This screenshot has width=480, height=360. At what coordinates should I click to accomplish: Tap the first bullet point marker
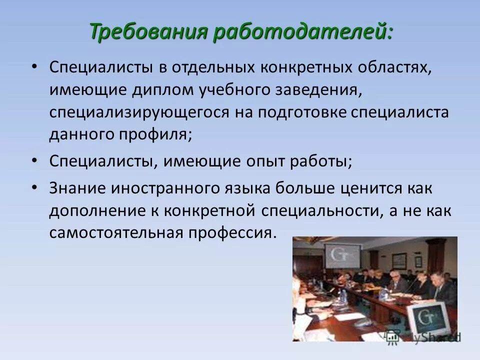[33, 67]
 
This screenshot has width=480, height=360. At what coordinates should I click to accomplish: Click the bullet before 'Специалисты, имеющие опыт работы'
[33, 161]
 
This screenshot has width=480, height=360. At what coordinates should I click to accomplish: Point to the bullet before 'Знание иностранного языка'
[33, 188]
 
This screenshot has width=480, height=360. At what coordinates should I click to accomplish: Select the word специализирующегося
[139, 113]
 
